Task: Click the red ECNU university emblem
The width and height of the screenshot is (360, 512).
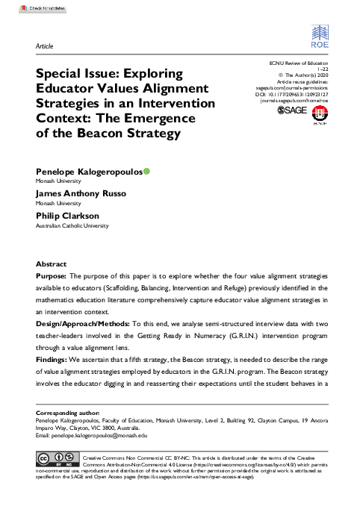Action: [x=321, y=113]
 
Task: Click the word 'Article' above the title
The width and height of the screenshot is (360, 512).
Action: [x=44, y=46]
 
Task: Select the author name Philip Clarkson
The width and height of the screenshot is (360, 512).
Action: [x=67, y=216]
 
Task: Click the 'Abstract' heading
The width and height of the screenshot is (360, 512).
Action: [x=51, y=264]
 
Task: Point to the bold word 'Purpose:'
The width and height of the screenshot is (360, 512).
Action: [x=52, y=276]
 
